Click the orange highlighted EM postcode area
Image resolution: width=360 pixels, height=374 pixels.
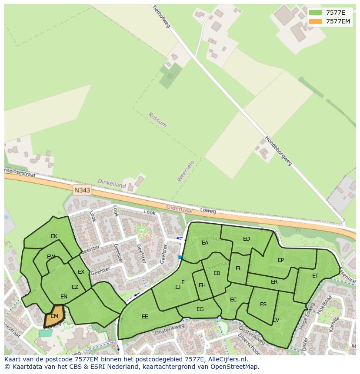pos(54,316)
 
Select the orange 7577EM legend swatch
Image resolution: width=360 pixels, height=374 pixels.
pos(316,21)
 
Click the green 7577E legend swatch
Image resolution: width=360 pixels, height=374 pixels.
pos(316,12)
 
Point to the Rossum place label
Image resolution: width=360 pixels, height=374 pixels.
pos(157,120)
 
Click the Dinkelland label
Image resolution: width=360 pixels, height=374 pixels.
pos(112,184)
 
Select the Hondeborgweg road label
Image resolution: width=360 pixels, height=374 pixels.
pos(279,151)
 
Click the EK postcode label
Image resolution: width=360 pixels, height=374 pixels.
pos(54,236)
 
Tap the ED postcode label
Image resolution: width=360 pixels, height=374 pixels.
pos(247,239)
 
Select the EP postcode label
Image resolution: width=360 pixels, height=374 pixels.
pos(281,260)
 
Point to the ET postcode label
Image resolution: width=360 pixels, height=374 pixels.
pos(315,276)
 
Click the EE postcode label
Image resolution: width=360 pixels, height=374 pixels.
pos(145,317)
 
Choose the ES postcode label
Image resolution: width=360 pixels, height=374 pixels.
pos(263,304)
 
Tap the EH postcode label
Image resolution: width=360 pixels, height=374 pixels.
pos(202,285)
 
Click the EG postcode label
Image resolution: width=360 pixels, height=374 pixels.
pos(200,309)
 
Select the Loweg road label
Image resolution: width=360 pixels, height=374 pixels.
pos(208,211)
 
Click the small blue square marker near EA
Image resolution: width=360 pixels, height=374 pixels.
pos(180,257)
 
